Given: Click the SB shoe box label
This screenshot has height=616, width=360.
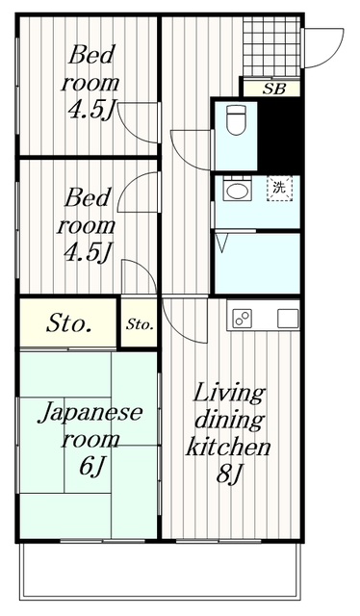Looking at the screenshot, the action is tap(274, 90).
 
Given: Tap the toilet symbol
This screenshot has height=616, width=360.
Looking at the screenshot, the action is tap(237, 119).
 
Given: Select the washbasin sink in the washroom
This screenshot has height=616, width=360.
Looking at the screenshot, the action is tap(237, 191).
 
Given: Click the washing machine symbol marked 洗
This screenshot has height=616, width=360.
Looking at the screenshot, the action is tap(279, 189).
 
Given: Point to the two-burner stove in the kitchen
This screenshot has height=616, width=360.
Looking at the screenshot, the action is tap(242, 319).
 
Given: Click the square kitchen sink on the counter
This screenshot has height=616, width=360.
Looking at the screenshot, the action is tap(288, 319).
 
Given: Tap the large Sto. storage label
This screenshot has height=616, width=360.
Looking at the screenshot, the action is tap(68, 323).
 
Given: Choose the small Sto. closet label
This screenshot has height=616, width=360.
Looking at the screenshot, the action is tap(140, 325).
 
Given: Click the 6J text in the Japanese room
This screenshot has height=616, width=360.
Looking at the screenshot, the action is tap(92, 467).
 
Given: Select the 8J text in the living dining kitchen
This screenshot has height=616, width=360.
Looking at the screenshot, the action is tap(229, 475).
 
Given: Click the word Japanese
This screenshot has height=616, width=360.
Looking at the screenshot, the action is tap(90, 413).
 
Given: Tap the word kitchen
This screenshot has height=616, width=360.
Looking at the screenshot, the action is tap(228, 447).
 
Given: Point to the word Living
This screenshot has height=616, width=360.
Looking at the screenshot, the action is tap(229, 394).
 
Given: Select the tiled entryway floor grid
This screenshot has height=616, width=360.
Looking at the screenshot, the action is tap(271, 46).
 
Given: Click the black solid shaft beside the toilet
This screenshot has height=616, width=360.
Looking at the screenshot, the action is tap(278, 134).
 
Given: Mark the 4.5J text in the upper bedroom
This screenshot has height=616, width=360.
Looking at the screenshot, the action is tap(91, 111).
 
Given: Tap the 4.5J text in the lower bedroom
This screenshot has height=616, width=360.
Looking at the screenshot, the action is tap(88, 252).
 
